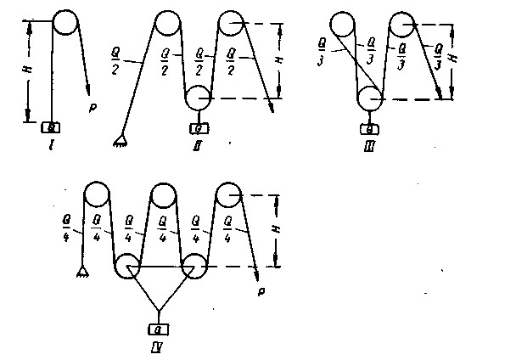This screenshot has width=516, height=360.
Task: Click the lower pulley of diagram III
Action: pyautogui.click(x=370, y=98)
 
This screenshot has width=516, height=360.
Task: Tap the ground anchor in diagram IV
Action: pyautogui.click(x=83, y=272)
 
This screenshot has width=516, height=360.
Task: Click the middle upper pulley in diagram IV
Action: pyautogui.click(x=164, y=194)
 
